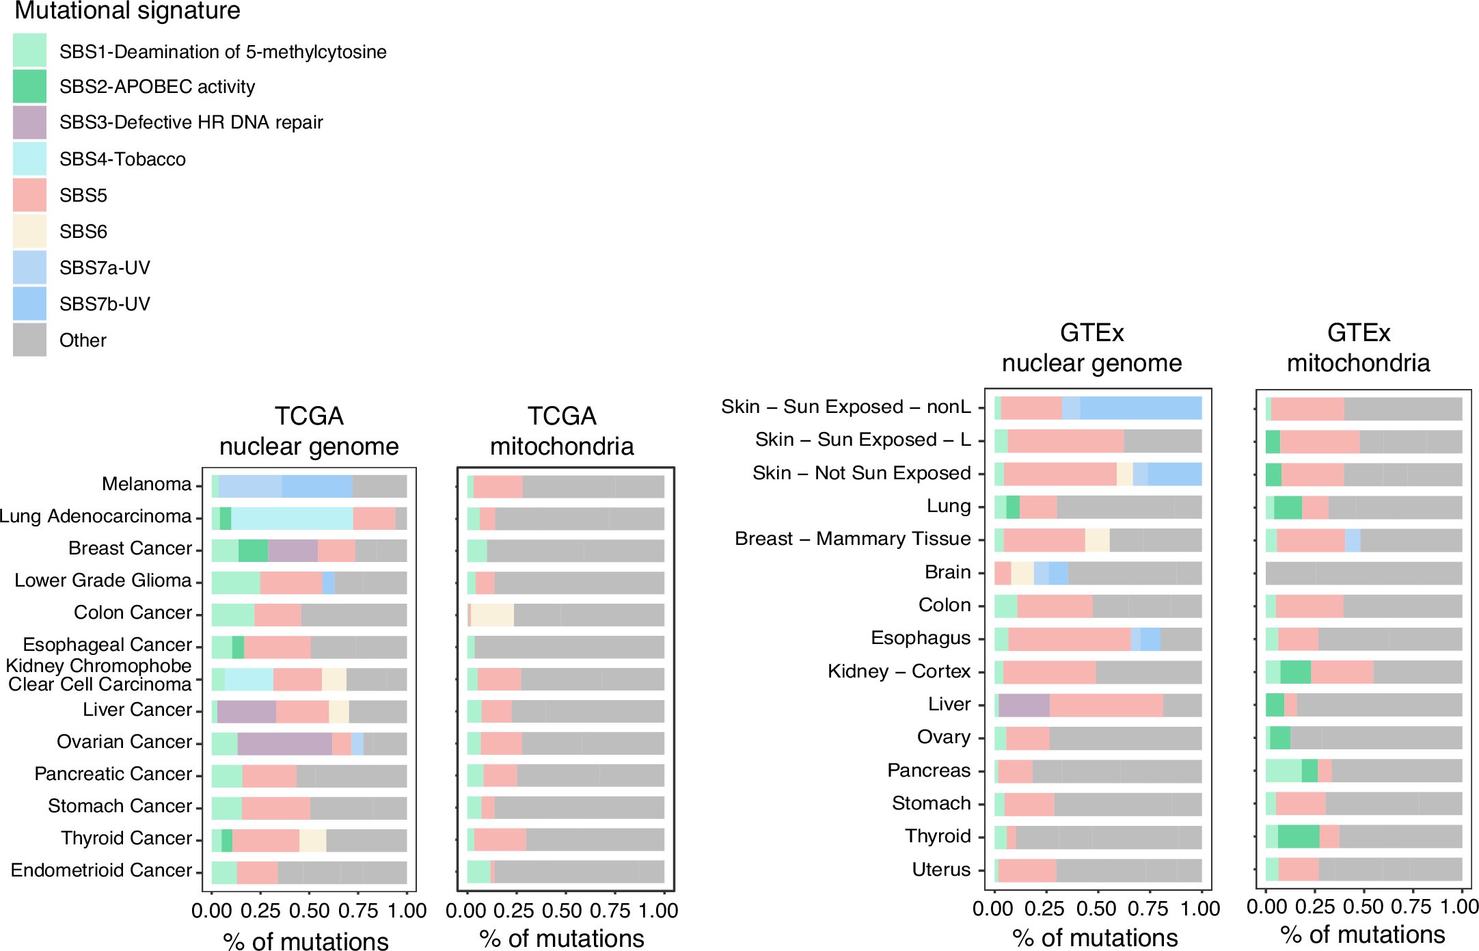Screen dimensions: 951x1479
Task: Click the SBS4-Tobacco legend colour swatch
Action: (29, 159)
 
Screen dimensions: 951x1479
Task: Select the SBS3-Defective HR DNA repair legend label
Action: (191, 122)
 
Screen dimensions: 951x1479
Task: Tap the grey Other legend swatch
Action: (29, 340)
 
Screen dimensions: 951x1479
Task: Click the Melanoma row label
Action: (146, 484)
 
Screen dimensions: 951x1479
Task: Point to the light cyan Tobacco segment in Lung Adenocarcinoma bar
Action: (292, 518)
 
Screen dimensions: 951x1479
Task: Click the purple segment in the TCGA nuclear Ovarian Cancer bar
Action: (284, 743)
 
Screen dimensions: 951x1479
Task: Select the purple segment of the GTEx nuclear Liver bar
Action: (1024, 705)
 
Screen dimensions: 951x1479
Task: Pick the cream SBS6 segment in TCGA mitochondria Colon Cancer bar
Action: (492, 615)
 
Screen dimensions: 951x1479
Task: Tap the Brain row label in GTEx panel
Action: (947, 572)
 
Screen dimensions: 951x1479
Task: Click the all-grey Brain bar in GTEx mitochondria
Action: (1363, 573)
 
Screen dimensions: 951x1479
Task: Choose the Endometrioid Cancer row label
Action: (101, 870)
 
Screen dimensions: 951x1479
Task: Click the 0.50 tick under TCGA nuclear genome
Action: (309, 911)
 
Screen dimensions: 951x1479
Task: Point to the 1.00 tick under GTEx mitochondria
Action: (1459, 907)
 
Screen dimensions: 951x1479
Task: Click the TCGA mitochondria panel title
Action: (562, 431)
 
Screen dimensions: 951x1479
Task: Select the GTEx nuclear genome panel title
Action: (1091, 347)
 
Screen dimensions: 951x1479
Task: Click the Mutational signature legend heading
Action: (127, 11)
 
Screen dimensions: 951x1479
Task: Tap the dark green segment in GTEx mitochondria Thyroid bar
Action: (1298, 836)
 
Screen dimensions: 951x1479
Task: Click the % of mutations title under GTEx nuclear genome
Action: (1095, 937)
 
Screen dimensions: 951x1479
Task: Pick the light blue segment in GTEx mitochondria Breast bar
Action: (1352, 540)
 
